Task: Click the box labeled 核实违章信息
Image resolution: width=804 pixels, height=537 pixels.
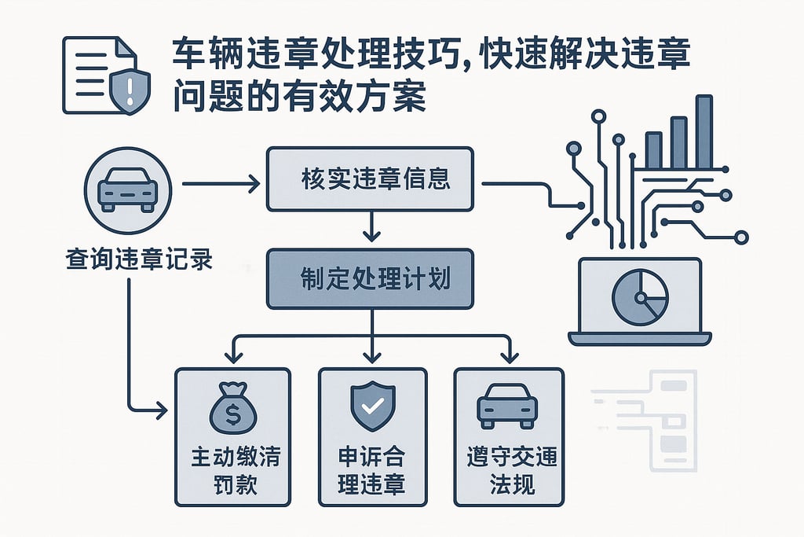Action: click(370, 178)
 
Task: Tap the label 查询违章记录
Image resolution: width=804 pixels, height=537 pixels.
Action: click(129, 260)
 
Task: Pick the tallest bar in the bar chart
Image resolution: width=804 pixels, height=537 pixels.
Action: click(703, 132)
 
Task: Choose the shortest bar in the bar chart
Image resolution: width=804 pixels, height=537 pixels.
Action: click(653, 150)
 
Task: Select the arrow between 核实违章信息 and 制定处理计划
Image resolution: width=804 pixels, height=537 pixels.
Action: click(370, 228)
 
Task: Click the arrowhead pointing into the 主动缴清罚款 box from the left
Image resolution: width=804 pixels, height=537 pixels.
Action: click(163, 410)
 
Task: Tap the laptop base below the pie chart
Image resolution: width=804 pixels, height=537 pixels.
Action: click(640, 338)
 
